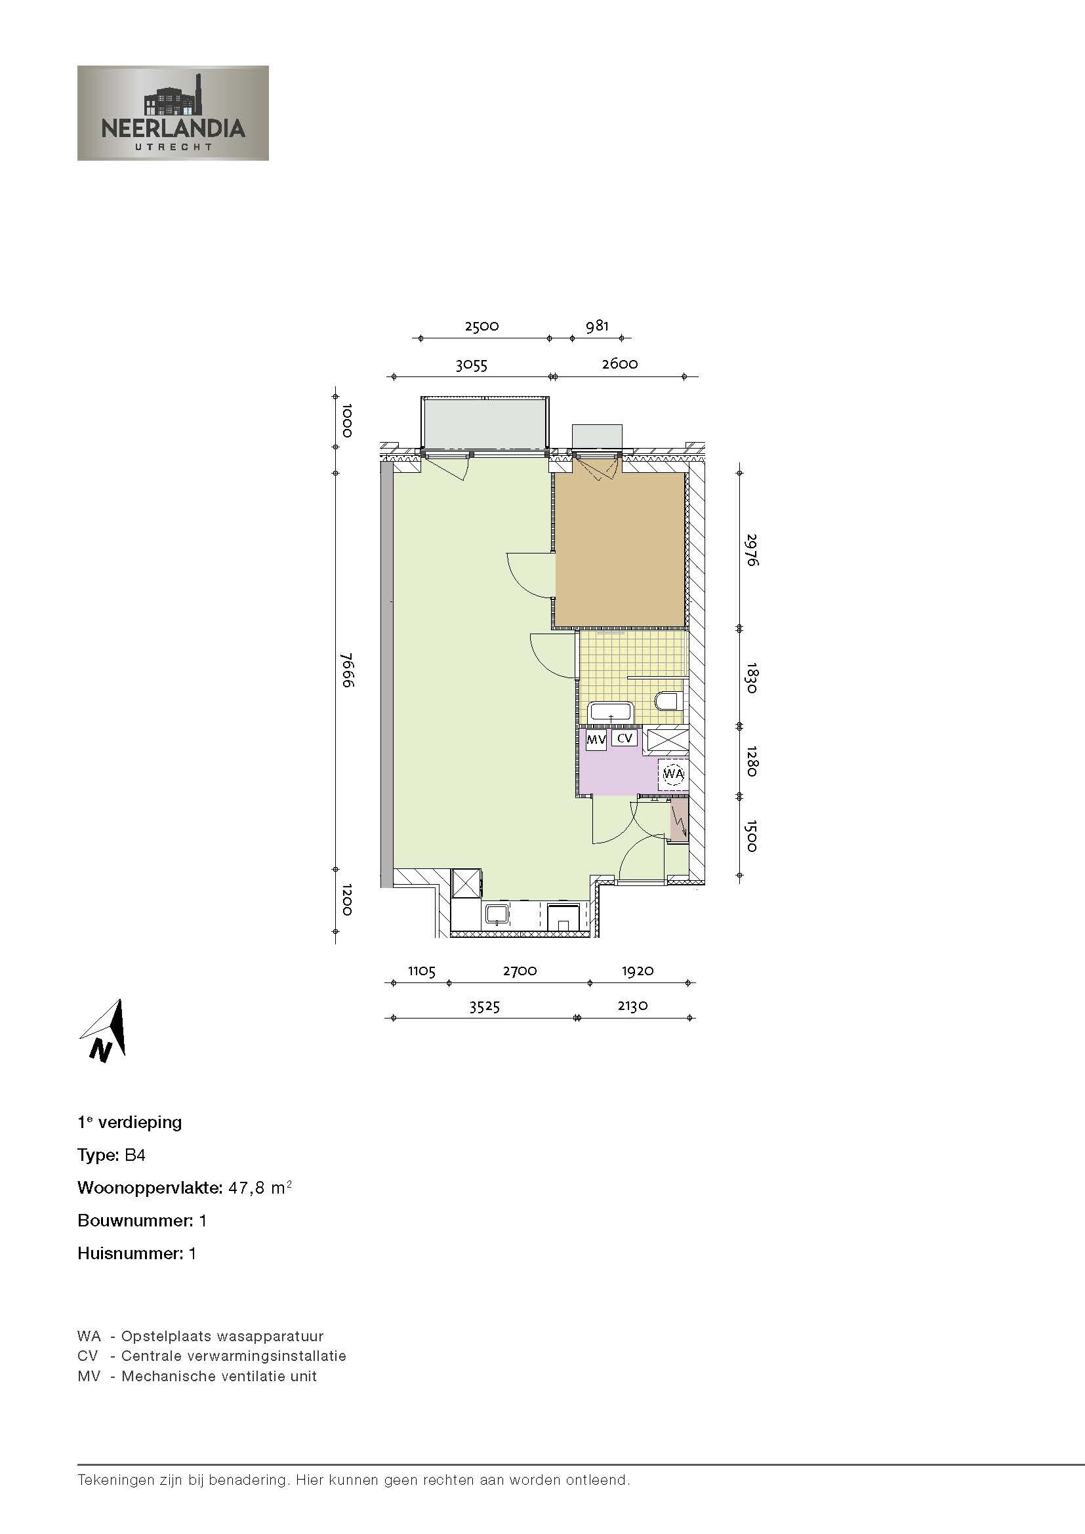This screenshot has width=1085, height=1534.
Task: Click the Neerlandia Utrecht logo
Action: click(173, 113)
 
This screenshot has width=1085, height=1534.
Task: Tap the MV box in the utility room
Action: click(595, 740)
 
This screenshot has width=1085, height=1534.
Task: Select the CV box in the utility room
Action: click(624, 738)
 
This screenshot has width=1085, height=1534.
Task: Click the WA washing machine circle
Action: click(673, 775)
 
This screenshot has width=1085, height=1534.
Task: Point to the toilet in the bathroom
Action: click(666, 701)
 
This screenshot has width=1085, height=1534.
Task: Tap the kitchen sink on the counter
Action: click(497, 914)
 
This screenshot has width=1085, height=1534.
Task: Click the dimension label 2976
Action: click(751, 549)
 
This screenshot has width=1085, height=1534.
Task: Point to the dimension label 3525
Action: click(483, 1006)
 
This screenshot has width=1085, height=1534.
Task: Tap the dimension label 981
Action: click(596, 326)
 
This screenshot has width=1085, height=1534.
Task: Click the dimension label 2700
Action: click(519, 971)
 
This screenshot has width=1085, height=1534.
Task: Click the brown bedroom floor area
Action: click(620, 548)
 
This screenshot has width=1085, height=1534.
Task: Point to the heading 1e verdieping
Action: click(130, 1122)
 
